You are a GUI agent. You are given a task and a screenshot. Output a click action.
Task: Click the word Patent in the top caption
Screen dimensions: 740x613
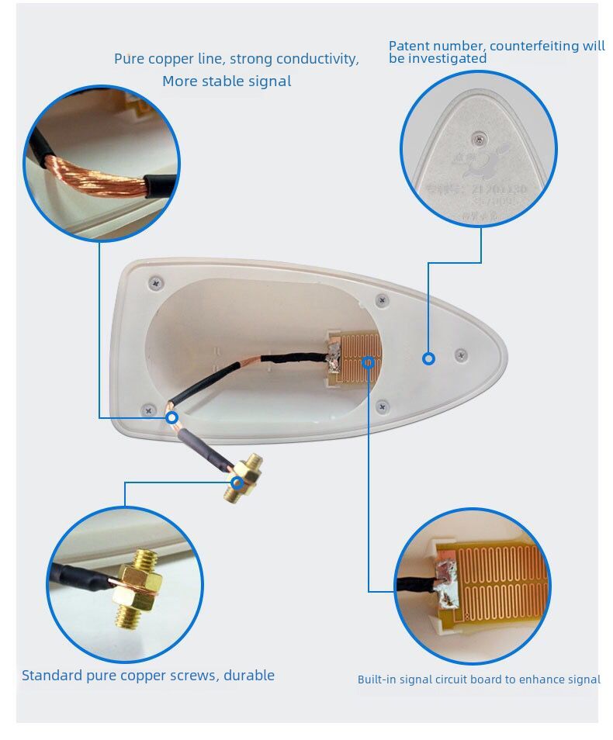pos(409,47)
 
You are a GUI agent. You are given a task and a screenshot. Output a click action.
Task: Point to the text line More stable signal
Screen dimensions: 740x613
pos(227,81)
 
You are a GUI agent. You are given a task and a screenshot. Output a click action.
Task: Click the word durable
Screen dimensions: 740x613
pos(249,676)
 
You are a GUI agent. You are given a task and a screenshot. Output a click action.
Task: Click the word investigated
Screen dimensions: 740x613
pos(448,59)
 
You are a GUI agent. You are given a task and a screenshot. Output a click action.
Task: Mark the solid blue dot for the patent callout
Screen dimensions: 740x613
pos(428,358)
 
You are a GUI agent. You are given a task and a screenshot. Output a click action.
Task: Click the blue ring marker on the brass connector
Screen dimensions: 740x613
pos(237,482)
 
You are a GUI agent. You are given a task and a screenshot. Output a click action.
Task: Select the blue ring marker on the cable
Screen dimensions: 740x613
pos(172,417)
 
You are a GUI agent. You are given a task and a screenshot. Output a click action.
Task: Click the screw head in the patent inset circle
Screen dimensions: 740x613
pos(476,138)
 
